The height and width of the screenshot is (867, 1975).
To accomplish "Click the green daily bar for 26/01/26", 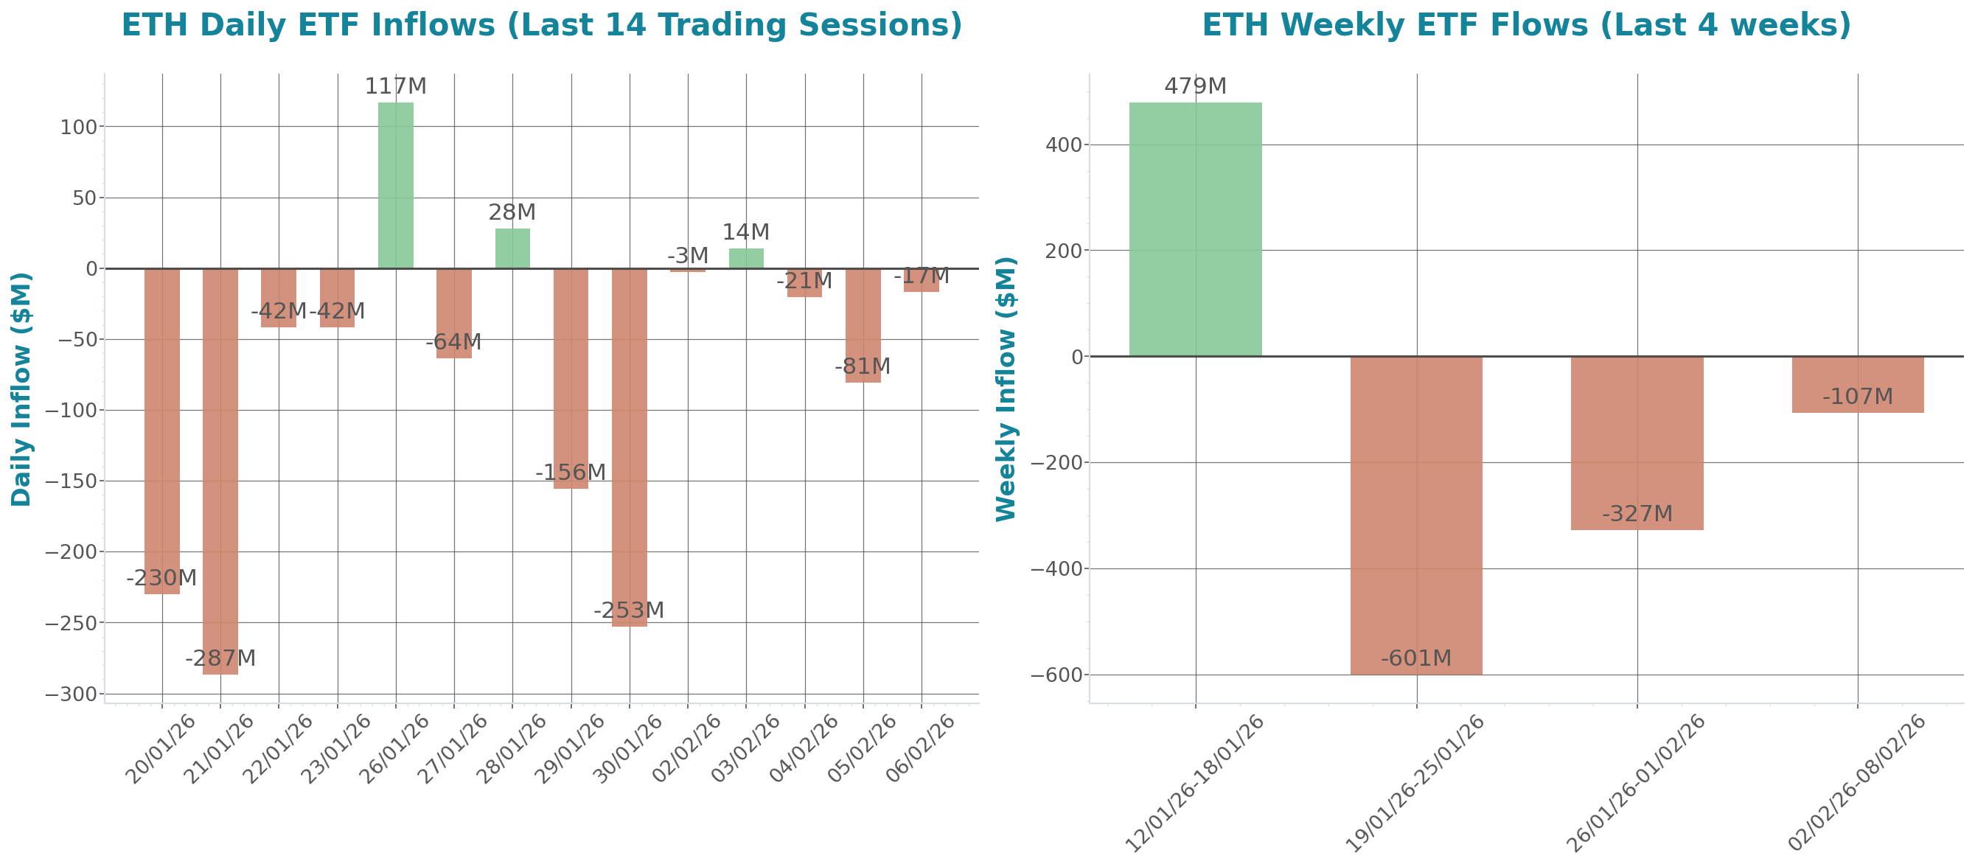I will (x=396, y=186).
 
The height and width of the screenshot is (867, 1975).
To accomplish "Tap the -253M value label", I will (x=629, y=610).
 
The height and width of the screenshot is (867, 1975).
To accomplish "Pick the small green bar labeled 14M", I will (x=746, y=258).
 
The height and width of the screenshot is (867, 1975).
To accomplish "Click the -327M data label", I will (x=1637, y=514).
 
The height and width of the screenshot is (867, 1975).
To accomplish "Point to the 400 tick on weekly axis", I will (x=1063, y=145).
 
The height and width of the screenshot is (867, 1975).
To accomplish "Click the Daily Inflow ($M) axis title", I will (x=21, y=389).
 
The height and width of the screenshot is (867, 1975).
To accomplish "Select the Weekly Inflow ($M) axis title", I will (x=1005, y=389).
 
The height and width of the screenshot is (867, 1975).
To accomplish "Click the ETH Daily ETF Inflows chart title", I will (x=541, y=24).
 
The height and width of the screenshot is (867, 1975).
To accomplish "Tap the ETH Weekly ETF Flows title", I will (x=1526, y=24).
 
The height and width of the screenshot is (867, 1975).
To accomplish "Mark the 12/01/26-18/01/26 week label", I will (x=1195, y=783).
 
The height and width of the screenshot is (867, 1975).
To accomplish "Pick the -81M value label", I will (x=863, y=366).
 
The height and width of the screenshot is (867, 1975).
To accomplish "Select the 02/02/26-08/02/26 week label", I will (x=1858, y=783).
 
